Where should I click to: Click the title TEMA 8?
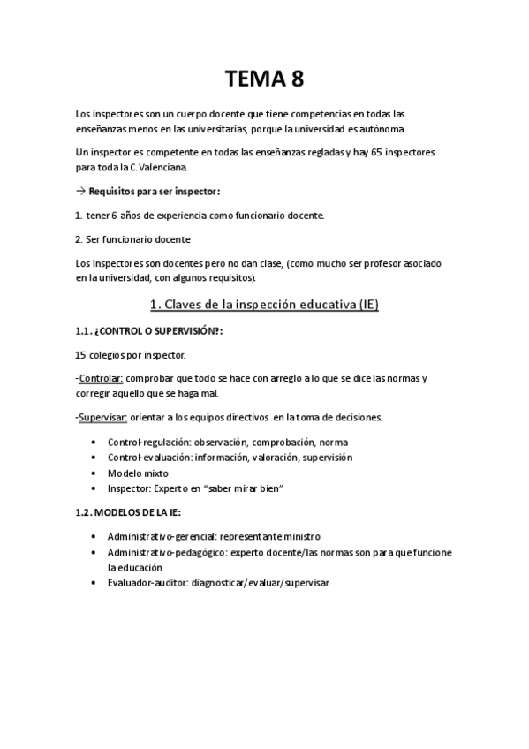tap(264, 79)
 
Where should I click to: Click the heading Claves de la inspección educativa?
tap(252, 305)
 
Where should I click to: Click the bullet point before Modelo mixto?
tap(94, 473)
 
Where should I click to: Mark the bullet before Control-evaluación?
tap(94, 457)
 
